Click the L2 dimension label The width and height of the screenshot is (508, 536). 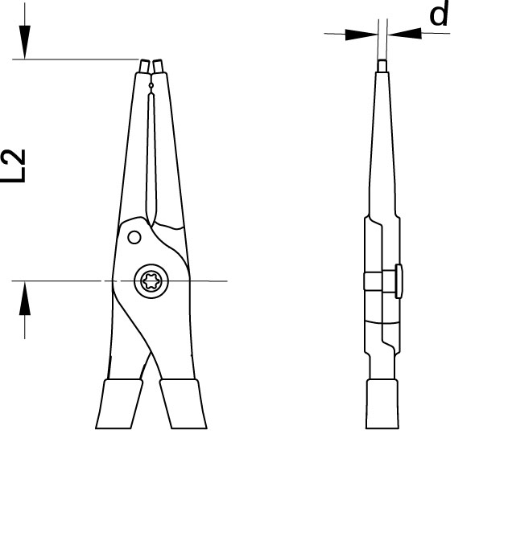14,166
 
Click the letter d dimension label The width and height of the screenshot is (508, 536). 439,14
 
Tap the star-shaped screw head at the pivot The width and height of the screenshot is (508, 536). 151,281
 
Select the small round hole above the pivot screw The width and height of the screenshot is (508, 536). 134,237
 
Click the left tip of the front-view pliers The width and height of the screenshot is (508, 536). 144,66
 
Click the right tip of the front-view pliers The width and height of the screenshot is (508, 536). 158,66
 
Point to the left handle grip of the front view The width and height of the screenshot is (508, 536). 119,403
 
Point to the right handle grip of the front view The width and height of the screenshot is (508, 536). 184,403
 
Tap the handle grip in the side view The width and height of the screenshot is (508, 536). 382,403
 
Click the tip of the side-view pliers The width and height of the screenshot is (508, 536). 382,66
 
